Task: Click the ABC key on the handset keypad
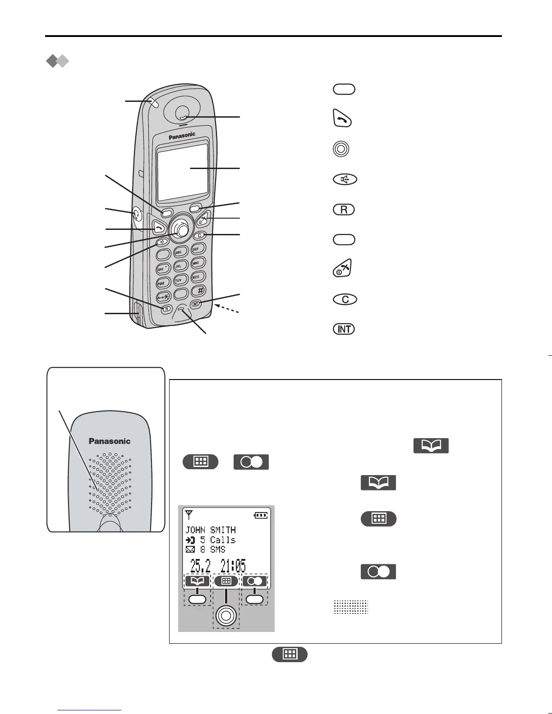pos(179,252)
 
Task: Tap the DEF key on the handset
pos(196,249)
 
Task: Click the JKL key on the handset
pos(179,266)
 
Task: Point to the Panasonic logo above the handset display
pos(182,135)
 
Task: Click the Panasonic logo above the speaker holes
pos(110,441)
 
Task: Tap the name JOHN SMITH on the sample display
pos(211,530)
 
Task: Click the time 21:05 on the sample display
pos(233,566)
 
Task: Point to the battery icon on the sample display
pos(260,515)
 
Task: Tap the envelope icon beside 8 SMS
pos(190,549)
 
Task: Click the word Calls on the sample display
pos(223,540)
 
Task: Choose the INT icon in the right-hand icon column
pos(344,329)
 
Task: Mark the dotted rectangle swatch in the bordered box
pos(351,607)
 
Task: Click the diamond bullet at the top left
pos(58,61)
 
